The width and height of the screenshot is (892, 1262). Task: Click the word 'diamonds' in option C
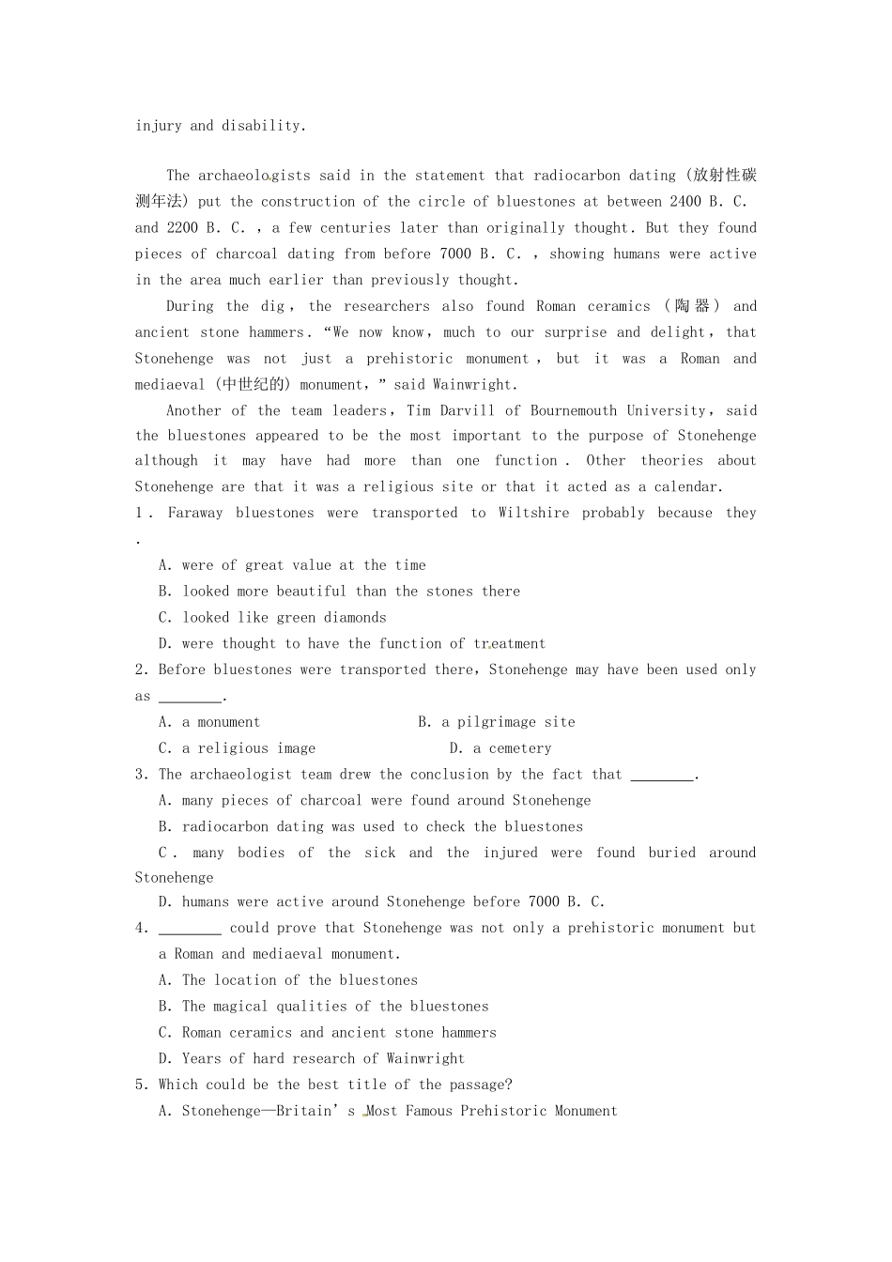pyautogui.click(x=355, y=618)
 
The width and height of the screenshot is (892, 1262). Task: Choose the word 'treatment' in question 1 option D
pyautogui.click(x=509, y=644)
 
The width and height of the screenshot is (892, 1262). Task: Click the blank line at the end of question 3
pyautogui.click(x=662, y=776)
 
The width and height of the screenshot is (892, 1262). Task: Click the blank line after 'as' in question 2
pyautogui.click(x=190, y=698)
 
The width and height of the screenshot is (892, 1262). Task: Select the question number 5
pyautogui.click(x=140, y=1085)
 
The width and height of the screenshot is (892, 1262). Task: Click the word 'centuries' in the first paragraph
pyautogui.click(x=356, y=227)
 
